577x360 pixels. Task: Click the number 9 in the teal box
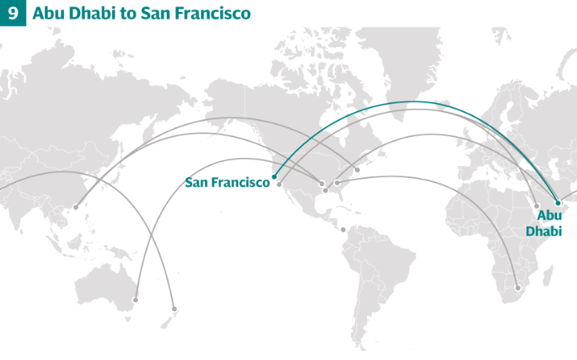click(13, 14)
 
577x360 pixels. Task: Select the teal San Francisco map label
click(228, 183)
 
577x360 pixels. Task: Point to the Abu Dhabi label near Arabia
click(549, 224)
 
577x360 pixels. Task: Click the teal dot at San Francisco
click(275, 176)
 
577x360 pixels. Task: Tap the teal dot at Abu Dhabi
click(558, 203)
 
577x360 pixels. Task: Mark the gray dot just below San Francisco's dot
click(280, 184)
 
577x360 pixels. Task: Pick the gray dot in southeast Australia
click(135, 300)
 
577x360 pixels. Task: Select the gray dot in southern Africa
click(518, 288)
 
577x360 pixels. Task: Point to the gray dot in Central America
click(343, 230)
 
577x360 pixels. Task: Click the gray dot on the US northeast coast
click(357, 170)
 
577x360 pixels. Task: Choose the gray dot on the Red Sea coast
click(536, 206)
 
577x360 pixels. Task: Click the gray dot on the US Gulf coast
click(324, 191)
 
